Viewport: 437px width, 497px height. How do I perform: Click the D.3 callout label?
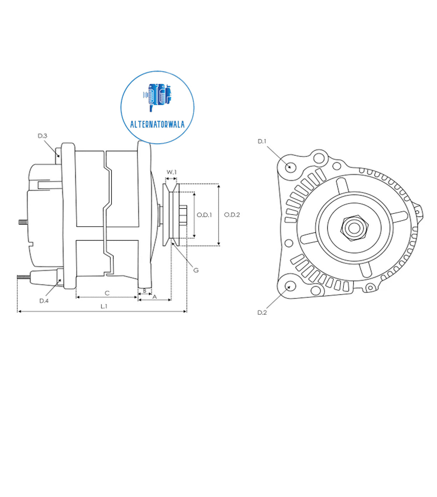tap(42, 136)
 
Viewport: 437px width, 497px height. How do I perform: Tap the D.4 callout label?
tap(44, 301)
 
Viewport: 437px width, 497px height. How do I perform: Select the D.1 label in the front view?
tap(262, 142)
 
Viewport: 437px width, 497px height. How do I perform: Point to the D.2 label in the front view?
tap(262, 313)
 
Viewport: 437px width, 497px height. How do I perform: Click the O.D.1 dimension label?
tap(204, 215)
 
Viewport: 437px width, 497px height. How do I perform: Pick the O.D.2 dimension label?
tap(232, 215)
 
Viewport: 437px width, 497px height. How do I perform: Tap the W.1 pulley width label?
tap(172, 172)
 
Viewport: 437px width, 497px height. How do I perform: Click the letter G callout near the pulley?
tap(196, 270)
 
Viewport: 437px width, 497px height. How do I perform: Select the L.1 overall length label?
tap(104, 306)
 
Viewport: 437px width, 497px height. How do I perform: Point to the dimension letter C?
tap(107, 293)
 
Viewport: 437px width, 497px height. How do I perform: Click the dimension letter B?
tap(144, 291)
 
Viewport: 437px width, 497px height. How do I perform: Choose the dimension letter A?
tap(154, 297)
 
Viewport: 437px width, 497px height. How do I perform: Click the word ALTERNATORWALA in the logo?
tap(157, 125)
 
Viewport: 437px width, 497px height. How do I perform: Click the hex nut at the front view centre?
tap(354, 227)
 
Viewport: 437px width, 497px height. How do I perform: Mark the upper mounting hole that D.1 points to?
tap(290, 167)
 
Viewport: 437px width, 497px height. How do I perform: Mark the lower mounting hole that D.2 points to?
tap(290, 286)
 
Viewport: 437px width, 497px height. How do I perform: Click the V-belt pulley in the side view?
tap(170, 215)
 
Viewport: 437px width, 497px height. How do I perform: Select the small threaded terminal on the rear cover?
tap(23, 222)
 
